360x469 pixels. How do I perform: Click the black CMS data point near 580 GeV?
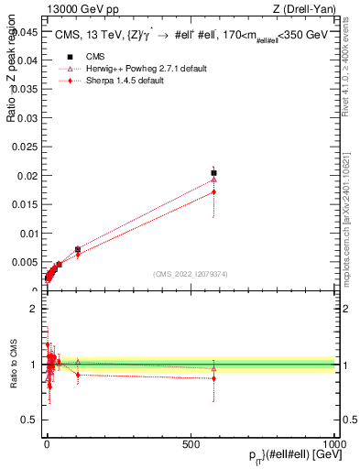(213, 172)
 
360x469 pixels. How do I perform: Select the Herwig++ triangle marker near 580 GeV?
(213, 180)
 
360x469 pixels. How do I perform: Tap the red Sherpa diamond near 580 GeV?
(213, 191)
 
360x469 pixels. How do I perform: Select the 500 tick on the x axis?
(191, 443)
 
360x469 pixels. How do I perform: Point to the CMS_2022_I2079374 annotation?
(190, 273)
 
